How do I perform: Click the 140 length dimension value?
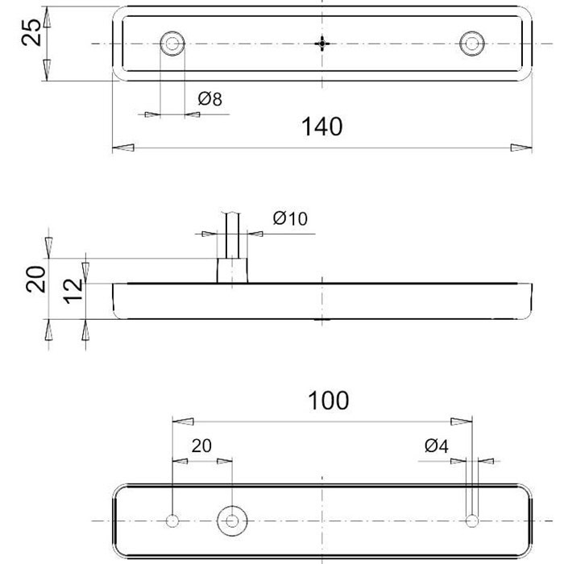322,126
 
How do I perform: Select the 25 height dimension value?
31,32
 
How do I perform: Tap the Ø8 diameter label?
210,99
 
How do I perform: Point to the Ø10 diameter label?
290,218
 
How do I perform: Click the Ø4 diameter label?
437,446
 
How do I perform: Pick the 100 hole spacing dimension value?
329,400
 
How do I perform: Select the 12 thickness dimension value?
73,291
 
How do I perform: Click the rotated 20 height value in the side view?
36,279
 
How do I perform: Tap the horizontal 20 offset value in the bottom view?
201,446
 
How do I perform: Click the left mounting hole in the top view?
172,44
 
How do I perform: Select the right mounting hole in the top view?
472,44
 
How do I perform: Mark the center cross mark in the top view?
322,44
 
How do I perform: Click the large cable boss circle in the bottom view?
232,520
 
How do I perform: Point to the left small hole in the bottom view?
172,520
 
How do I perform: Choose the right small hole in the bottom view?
472,520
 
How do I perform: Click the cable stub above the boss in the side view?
232,234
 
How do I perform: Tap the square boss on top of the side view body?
232,271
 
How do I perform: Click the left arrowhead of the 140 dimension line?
123,147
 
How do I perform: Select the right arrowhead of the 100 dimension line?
462,421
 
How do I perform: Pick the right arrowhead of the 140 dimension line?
521,147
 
